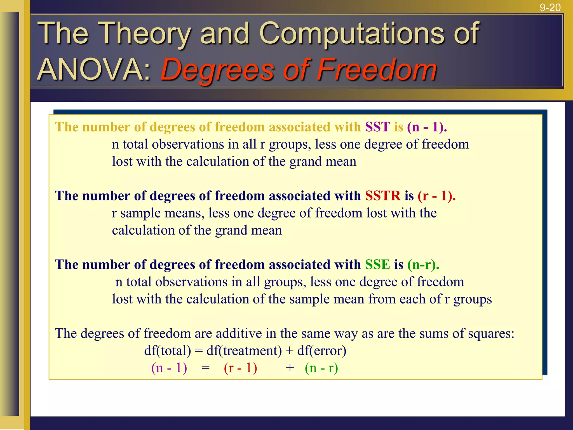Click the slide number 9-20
[x=550, y=8]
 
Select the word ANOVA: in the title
[x=94, y=70]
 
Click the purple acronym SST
[x=377, y=127]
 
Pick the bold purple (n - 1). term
[x=427, y=127]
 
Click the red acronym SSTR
[x=383, y=196]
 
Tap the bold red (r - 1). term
[x=436, y=196]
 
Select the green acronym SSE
[x=377, y=265]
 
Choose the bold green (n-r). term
[x=423, y=265]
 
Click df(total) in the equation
[x=167, y=351]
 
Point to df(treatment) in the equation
[x=244, y=351]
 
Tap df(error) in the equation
[x=321, y=351]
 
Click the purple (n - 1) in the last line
[x=169, y=368]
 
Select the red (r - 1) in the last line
[x=240, y=368]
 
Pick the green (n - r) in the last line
[x=321, y=368]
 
